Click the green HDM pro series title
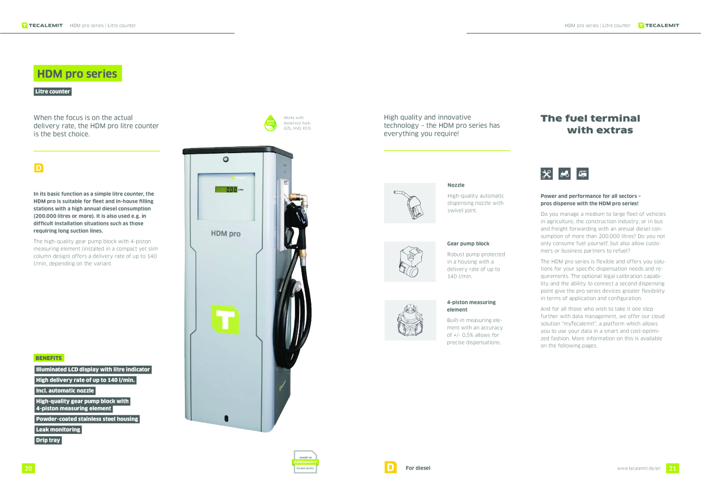77,73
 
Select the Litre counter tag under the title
53,92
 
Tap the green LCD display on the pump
226,189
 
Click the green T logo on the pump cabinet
226,319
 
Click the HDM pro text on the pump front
226,233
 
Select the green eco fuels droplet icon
270,123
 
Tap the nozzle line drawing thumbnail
410,203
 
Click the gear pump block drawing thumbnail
410,262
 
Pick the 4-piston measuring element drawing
410,320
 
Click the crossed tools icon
547,173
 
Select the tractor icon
565,173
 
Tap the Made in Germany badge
305,462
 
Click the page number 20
28,468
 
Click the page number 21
673,468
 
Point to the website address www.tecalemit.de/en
639,468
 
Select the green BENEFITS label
49,358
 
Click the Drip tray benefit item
48,440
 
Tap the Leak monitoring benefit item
58,429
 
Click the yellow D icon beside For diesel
391,467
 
